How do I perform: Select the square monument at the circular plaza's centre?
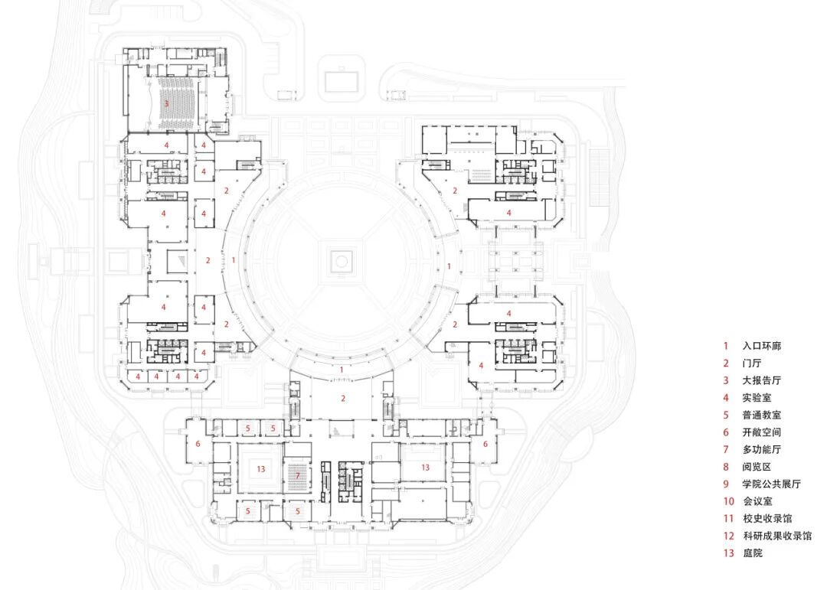[x=341, y=262]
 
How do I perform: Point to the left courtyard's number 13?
[x=261, y=468]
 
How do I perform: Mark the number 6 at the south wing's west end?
[x=198, y=444]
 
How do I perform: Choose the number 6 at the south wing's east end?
[x=485, y=443]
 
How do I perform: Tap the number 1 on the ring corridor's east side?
[x=449, y=266]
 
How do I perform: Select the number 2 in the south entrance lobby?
[x=343, y=398]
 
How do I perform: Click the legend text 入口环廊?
[x=761, y=346]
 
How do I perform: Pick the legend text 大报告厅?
[x=761, y=380]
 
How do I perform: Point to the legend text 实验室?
[x=756, y=398]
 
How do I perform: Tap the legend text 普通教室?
[x=761, y=415]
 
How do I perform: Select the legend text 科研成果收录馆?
[x=776, y=536]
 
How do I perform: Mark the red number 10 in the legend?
[x=727, y=501]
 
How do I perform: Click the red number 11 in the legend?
[x=727, y=519]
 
